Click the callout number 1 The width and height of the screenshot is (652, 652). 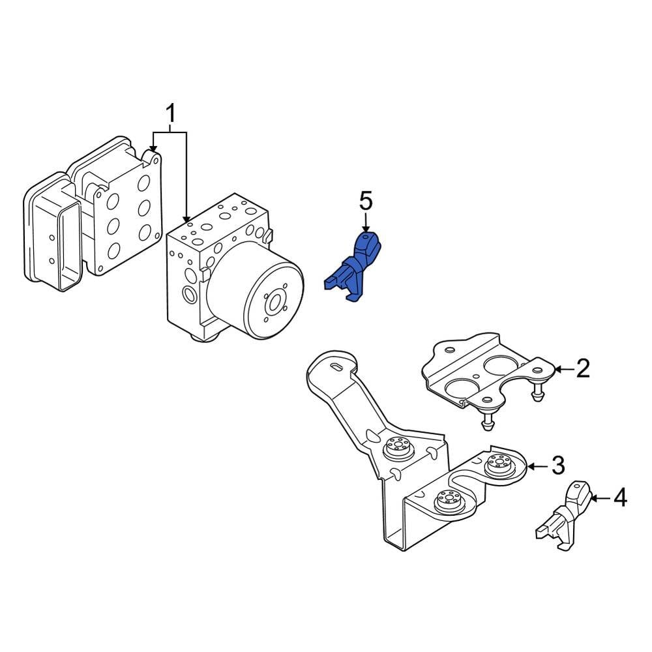[170, 115]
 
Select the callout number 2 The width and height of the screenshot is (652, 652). [582, 369]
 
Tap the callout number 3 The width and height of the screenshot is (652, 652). [557, 466]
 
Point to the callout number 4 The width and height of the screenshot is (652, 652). [619, 499]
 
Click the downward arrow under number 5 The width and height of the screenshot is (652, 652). [366, 223]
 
